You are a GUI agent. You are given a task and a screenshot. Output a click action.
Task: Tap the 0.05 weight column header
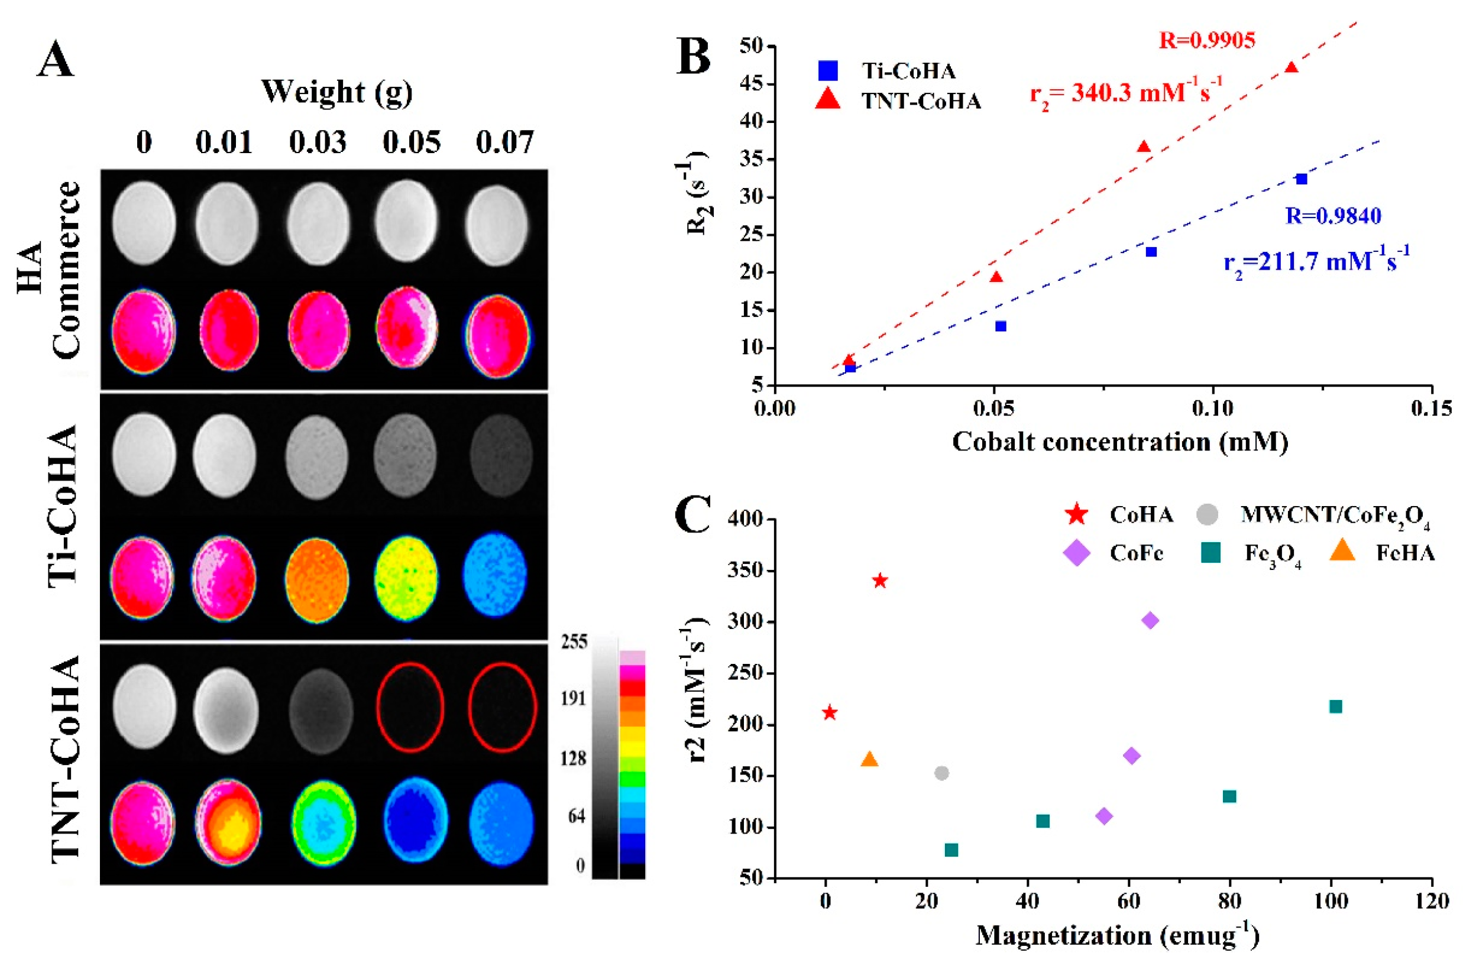click(x=411, y=142)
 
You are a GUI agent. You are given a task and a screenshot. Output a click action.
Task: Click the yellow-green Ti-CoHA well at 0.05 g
click(x=406, y=576)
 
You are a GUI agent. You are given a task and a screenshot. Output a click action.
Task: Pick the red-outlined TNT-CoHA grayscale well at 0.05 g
click(x=410, y=707)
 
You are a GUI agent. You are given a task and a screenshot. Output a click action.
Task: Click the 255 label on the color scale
click(x=574, y=642)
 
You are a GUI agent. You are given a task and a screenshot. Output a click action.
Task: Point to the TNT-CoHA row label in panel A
click(x=65, y=758)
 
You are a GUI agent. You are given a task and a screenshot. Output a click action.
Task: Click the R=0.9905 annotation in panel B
click(x=1206, y=41)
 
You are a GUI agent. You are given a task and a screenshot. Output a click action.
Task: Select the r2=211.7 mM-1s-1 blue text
click(x=1316, y=262)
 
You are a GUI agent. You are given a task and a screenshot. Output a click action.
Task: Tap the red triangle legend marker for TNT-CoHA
click(x=828, y=99)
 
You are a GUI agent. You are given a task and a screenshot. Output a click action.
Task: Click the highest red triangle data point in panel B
click(x=1292, y=67)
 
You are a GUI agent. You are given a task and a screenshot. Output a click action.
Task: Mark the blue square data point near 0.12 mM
click(x=1302, y=179)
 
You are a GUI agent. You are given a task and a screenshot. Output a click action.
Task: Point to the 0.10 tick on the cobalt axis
click(x=1212, y=409)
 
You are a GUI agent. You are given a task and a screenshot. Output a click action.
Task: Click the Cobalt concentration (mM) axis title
click(x=1120, y=442)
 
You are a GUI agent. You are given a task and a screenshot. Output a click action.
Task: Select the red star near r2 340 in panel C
click(x=880, y=581)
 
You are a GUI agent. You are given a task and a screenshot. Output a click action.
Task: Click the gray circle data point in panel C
click(x=941, y=773)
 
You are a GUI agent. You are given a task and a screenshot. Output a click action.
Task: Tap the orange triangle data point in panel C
click(x=869, y=759)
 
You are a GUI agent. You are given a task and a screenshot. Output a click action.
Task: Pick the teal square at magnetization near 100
click(x=1335, y=706)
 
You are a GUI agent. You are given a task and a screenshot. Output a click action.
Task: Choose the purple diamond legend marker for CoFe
click(x=1076, y=553)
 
